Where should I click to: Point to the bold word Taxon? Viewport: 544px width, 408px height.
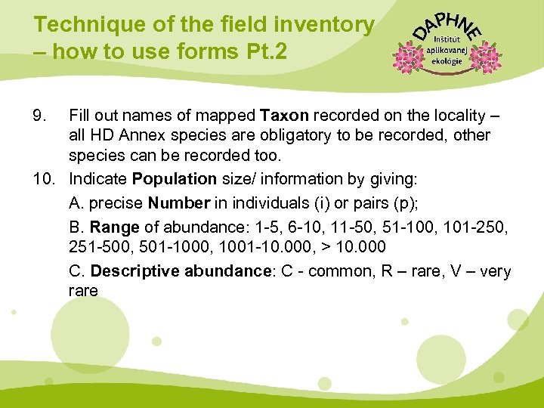click(x=284, y=116)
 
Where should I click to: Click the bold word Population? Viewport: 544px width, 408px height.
click(x=174, y=179)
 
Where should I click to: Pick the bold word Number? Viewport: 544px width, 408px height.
click(x=178, y=204)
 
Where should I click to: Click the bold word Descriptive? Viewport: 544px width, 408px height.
click(x=132, y=271)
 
